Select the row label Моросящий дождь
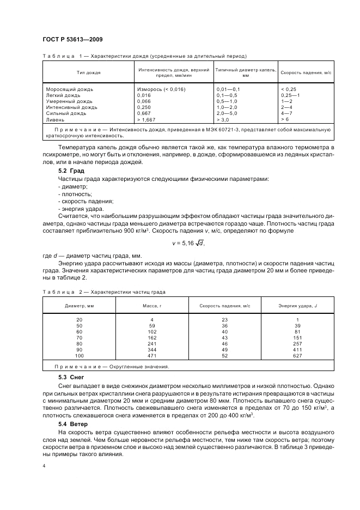(x=70, y=89)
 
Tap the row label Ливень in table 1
(x=56, y=119)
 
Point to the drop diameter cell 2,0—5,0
(x=228, y=113)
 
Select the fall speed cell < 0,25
(x=289, y=89)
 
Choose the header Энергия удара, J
(x=297, y=306)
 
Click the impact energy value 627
(x=297, y=356)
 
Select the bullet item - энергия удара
(x=80, y=208)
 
